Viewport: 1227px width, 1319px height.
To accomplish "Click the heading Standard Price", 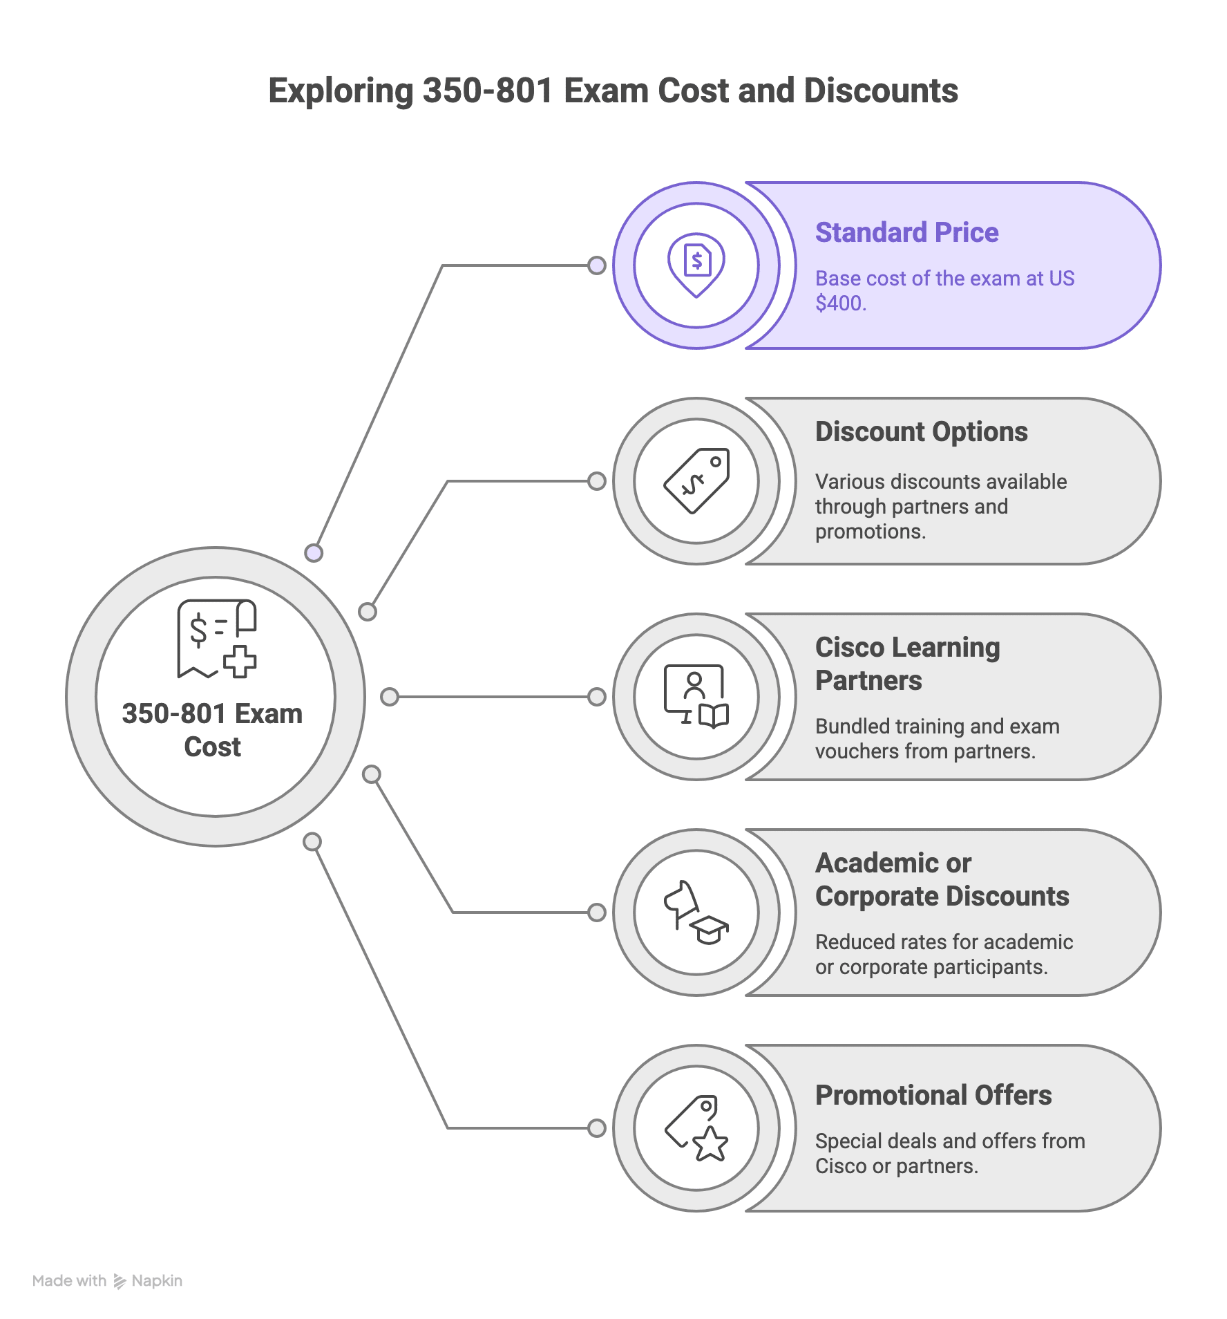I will (906, 233).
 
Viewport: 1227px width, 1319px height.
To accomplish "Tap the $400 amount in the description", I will (839, 303).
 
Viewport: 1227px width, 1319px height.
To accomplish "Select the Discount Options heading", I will (921, 432).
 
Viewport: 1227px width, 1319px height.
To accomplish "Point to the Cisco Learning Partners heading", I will (907, 664).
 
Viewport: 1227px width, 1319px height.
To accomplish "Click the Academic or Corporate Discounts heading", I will (942, 879).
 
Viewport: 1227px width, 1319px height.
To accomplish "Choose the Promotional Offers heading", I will (933, 1096).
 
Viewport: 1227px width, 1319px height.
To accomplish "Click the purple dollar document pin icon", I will (696, 264).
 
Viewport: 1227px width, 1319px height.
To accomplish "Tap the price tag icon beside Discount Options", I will (696, 481).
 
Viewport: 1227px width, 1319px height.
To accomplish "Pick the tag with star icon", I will (696, 1128).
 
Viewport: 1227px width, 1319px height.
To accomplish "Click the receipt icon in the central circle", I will (216, 638).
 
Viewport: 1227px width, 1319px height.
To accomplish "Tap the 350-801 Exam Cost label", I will (213, 730).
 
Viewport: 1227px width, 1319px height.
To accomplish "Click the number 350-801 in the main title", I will (487, 91).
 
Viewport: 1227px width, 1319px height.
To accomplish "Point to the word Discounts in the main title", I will (881, 91).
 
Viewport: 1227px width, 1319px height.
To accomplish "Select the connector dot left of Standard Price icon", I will (596, 265).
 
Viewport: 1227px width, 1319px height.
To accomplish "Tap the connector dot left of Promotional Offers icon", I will (596, 1128).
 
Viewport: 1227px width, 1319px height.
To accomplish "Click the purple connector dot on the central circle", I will (314, 553).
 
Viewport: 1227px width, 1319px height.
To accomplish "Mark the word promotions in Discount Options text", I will (868, 532).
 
